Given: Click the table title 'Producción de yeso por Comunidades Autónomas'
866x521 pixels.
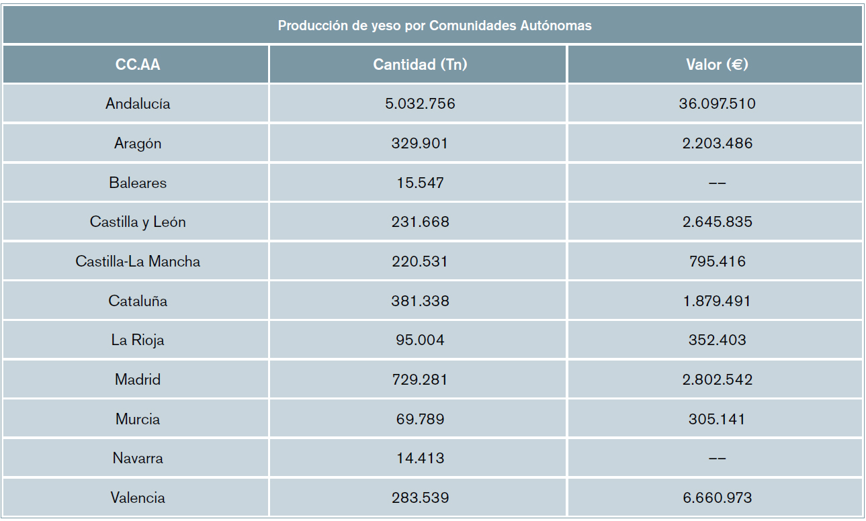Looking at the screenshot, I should point(435,26).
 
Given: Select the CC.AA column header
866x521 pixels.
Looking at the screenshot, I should point(138,64).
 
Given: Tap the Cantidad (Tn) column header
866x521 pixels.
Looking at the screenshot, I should point(420,64).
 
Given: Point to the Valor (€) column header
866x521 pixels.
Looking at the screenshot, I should point(717,64).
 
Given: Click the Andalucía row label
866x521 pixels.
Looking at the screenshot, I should point(138,103).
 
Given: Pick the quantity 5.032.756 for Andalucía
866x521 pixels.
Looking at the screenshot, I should point(420,103).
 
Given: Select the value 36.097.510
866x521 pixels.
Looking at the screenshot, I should point(717,103).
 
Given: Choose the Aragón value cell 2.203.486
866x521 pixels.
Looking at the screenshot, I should point(717,143).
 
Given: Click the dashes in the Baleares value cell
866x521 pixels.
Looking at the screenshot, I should point(717,183).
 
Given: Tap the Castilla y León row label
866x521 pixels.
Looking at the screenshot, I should point(138,222).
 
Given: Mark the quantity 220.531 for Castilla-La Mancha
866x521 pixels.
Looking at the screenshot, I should point(420,261).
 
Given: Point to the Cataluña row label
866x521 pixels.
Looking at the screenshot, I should point(138,301).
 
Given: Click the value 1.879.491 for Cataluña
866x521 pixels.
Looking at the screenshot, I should point(717,301).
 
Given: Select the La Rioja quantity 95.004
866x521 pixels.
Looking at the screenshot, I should point(420,340).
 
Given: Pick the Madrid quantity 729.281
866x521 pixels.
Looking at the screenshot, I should point(420,379).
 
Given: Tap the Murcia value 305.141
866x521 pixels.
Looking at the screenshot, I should point(717,419).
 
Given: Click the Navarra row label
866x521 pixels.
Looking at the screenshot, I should point(138,458).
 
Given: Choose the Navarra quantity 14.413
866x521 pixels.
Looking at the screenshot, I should point(420,458).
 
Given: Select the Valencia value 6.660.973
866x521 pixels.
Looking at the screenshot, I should point(717,498).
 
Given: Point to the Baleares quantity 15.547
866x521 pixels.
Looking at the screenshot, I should point(420,183).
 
